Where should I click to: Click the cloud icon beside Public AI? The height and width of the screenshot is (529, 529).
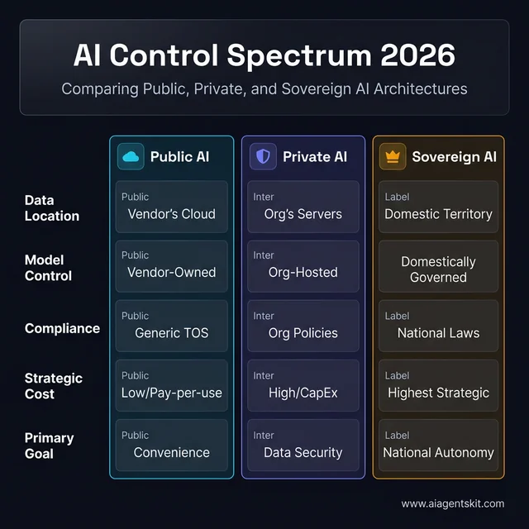[131, 157]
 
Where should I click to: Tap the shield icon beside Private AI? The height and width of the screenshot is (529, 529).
[263, 157]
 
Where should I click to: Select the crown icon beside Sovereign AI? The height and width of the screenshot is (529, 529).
[393, 157]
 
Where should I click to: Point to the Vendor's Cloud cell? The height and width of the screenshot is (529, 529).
[171, 207]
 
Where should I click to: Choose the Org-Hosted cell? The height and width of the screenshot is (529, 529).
[303, 266]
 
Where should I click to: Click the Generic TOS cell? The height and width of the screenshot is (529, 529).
[171, 326]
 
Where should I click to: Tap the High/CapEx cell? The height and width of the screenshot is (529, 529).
[303, 385]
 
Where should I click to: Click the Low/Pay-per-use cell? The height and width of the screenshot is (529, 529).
[171, 385]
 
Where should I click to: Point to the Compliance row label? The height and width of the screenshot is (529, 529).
[62, 328]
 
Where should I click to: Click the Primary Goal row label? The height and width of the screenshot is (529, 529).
[50, 446]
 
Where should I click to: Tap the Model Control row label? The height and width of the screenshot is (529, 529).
[48, 268]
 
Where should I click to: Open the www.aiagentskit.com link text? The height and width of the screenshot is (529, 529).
[452, 503]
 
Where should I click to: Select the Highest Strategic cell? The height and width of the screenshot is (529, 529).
[438, 385]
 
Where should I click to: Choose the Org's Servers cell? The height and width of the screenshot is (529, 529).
[303, 207]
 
